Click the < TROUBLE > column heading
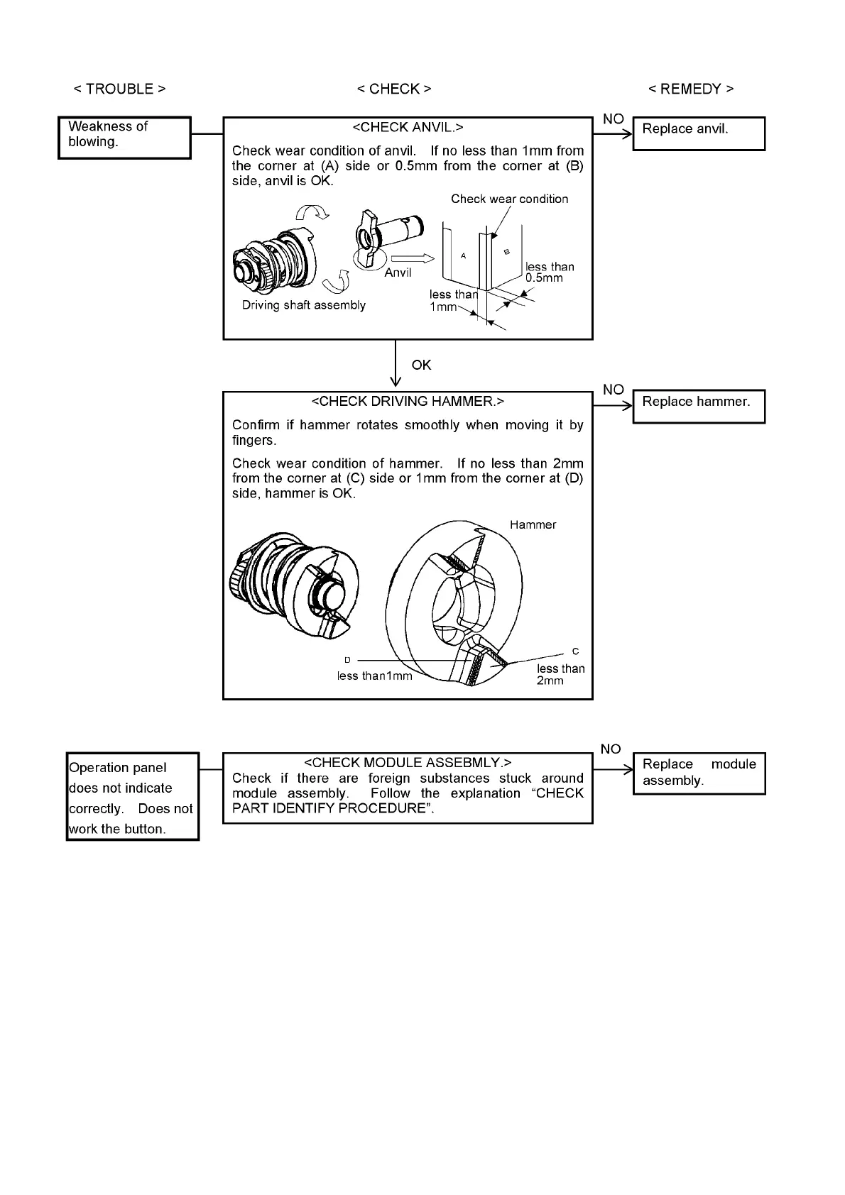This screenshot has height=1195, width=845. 119,89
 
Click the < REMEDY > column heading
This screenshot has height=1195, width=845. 691,89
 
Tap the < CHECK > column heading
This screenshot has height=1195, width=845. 393,89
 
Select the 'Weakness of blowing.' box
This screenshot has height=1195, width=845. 124,138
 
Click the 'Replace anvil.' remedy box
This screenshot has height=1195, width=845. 699,133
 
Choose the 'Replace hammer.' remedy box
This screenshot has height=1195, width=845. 699,406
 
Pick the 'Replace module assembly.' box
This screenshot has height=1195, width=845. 699,773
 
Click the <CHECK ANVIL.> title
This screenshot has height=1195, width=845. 408,127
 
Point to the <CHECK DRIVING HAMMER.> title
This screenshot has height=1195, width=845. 408,401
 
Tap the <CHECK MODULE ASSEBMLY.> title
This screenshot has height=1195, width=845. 408,763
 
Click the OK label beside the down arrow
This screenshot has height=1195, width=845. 421,365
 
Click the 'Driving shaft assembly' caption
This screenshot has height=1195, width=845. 304,305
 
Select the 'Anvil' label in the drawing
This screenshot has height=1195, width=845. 398,272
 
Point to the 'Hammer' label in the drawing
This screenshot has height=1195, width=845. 533,525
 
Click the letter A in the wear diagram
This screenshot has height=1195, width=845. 463,255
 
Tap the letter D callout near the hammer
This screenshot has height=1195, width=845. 348,661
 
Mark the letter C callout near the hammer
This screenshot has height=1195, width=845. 575,651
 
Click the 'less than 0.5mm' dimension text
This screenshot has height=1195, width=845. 549,272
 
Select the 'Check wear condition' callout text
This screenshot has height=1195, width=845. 509,199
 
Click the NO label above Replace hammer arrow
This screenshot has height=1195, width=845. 613,390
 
